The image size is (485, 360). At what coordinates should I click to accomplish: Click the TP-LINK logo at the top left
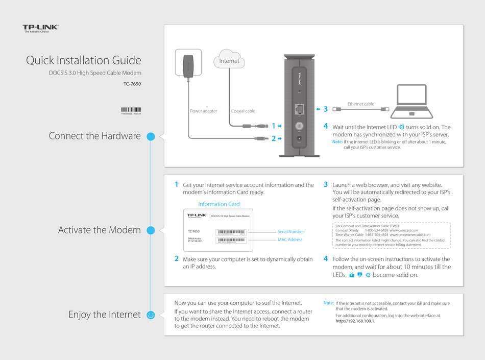click(40, 28)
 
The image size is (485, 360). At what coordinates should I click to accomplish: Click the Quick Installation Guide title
click(83, 60)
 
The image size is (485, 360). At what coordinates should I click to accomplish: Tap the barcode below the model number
click(131, 110)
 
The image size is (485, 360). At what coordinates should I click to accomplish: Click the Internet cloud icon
click(229, 60)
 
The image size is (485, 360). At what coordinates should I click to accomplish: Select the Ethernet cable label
click(360, 104)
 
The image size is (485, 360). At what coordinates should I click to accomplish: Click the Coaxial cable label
click(243, 111)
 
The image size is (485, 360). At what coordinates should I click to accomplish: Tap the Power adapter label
click(203, 111)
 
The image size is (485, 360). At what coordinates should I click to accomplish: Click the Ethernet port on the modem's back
click(299, 109)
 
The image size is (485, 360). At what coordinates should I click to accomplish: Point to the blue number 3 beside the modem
click(325, 109)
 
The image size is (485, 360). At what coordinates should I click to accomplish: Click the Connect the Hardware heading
click(94, 136)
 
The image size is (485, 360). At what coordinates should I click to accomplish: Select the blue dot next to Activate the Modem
click(151, 230)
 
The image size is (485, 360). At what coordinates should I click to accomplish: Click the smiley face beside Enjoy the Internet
click(151, 315)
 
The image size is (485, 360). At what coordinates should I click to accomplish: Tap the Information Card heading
click(219, 204)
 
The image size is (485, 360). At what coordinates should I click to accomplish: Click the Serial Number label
click(290, 232)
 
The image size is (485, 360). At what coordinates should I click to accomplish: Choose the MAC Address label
click(290, 239)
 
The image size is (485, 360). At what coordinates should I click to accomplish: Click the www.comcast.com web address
click(407, 230)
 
